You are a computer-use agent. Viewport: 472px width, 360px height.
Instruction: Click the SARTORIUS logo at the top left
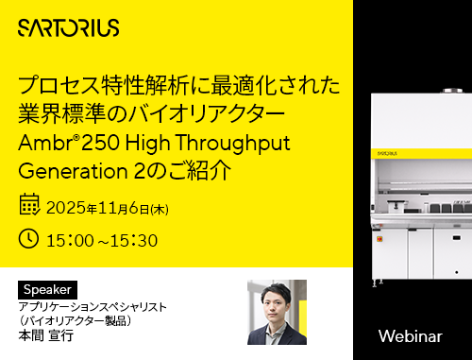point(69,28)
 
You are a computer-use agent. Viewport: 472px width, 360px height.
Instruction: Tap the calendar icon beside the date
point(30,205)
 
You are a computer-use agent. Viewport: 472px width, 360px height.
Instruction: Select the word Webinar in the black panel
point(410,336)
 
